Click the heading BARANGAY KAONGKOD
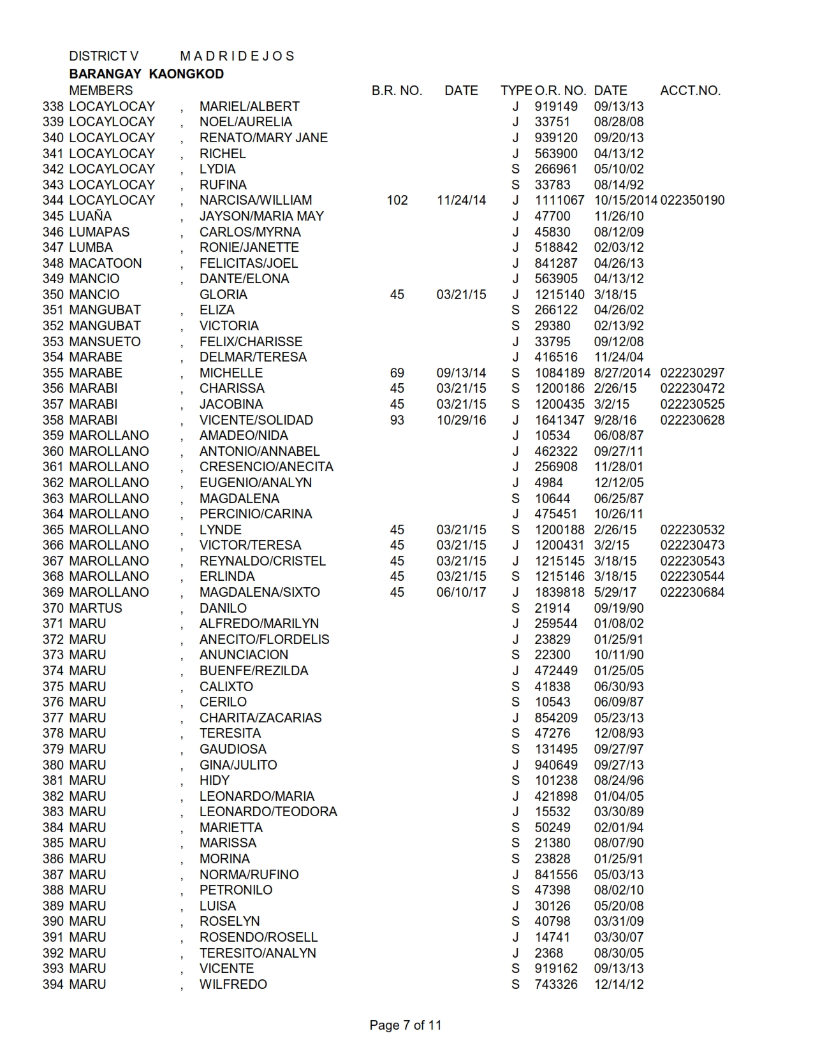coord(146,74)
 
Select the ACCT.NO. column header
coord(690,91)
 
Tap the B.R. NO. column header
coord(397,91)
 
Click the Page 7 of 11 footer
coord(405,1025)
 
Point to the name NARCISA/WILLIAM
coord(256,200)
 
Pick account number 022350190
coord(692,200)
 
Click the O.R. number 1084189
coord(559,373)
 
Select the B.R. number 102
coord(397,200)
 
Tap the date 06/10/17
coord(461,592)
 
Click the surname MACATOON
coord(105,263)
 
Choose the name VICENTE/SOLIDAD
coord(256,420)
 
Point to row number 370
coord(53,608)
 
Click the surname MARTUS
coord(96,608)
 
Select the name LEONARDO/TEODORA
coord(268,812)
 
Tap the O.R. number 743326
coord(556,984)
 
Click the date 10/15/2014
coord(625,200)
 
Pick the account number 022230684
coord(692,592)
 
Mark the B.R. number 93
coord(397,420)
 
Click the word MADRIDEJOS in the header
coord(237,56)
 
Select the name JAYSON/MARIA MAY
coord(261,216)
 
